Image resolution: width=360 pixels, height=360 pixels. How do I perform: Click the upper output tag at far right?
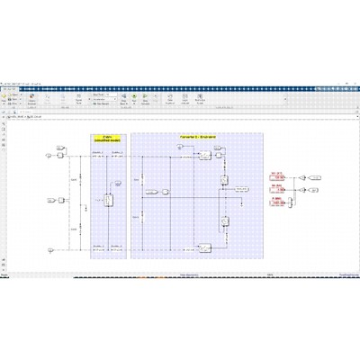pyautogui.click(x=315, y=178)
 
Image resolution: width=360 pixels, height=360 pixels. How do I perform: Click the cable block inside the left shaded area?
pyautogui.click(x=107, y=201)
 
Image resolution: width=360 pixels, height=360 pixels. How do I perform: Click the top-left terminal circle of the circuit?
pyautogui.click(x=49, y=155)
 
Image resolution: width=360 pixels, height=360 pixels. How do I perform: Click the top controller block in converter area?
pyautogui.click(x=205, y=156)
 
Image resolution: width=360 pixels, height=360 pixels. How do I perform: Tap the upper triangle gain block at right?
pyautogui.click(x=303, y=178)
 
